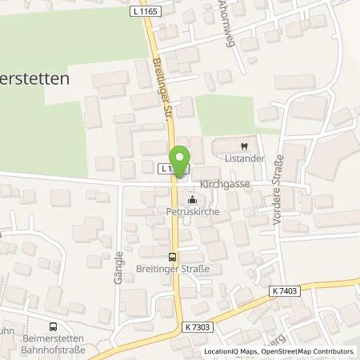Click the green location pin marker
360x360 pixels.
pyautogui.click(x=180, y=160)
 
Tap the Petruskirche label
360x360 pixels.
pyautogui.click(x=191, y=214)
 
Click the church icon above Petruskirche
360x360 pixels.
pyautogui.click(x=191, y=201)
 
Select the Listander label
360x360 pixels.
pyautogui.click(x=241, y=159)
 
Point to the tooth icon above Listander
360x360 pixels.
pyautogui.click(x=241, y=146)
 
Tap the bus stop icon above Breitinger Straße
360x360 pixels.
pyautogui.click(x=173, y=258)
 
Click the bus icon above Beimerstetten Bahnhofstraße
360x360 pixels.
pyautogui.click(x=53, y=326)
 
